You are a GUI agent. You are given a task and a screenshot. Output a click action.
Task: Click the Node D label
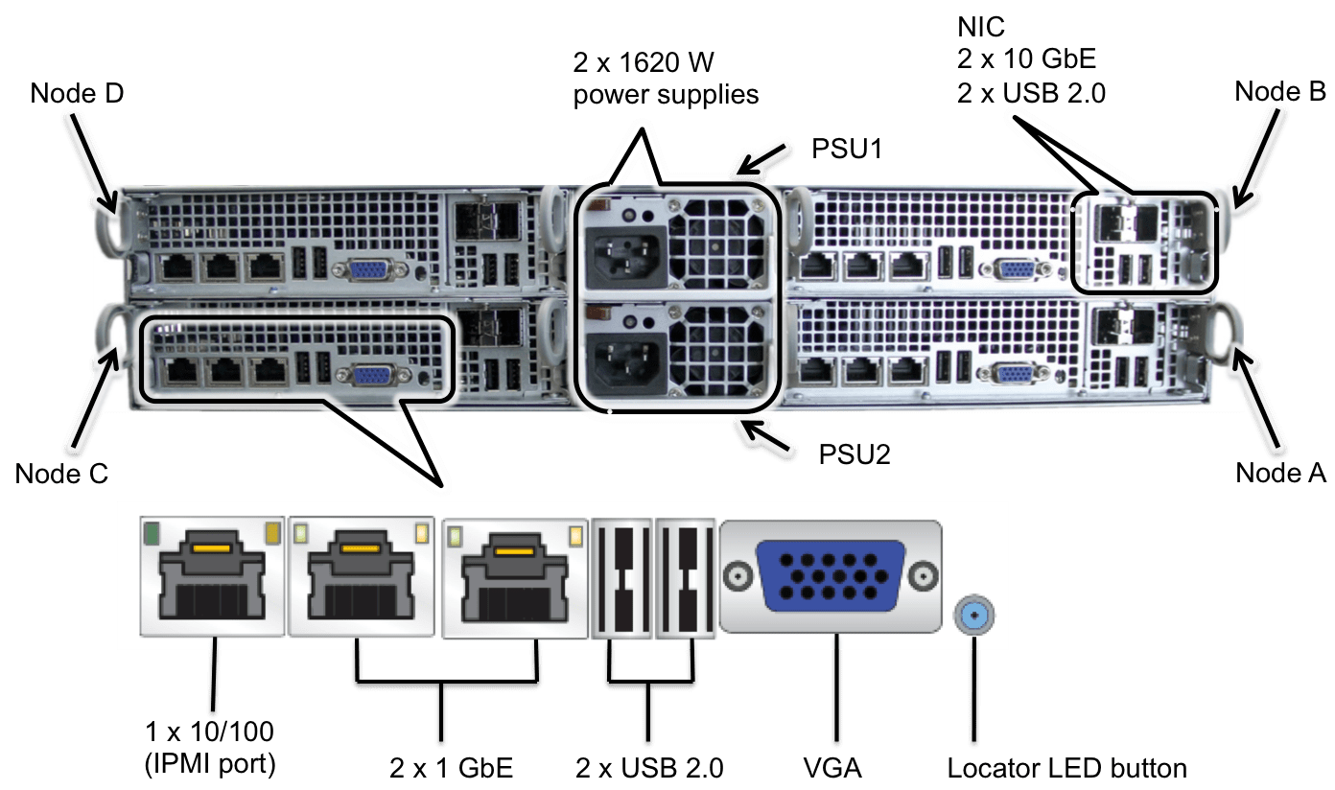coord(78,93)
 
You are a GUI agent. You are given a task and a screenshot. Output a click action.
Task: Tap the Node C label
coord(61,473)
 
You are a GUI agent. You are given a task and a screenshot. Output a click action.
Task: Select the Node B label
coord(1279,91)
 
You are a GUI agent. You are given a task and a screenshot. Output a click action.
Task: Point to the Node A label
coord(1280,472)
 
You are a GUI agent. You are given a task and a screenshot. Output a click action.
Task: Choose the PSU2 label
coord(854,453)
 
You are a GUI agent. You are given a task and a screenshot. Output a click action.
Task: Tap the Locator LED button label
coord(1066,767)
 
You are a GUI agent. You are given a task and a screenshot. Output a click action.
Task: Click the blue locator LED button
coord(975,615)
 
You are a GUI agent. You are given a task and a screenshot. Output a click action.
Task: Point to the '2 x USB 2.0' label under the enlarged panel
coord(649,767)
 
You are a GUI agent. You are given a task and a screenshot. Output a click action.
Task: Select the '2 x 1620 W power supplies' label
coord(667,80)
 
